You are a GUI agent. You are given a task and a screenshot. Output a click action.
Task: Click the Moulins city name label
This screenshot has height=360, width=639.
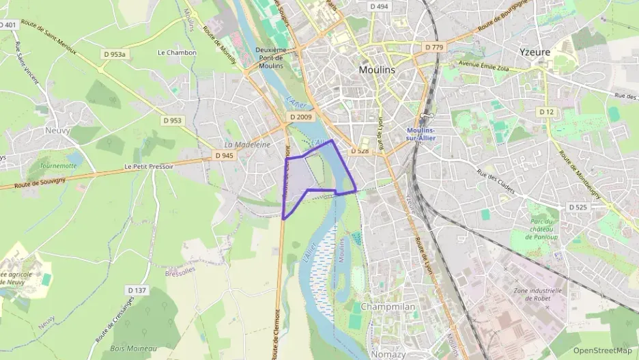click(376, 70)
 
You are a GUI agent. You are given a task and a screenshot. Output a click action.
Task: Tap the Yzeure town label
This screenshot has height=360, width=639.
click(535, 51)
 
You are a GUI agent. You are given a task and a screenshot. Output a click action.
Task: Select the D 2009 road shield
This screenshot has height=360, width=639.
click(300, 117)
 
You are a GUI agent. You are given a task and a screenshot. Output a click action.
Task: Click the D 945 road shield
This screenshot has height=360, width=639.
click(224, 156)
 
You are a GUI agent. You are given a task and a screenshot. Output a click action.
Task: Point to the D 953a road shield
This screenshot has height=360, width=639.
click(116, 53)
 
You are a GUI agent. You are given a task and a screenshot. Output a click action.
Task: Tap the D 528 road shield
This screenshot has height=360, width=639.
click(360, 150)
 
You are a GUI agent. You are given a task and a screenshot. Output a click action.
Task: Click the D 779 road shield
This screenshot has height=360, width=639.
click(434, 47)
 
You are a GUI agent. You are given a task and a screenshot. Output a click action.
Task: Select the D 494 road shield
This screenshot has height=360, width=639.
click(378, 6)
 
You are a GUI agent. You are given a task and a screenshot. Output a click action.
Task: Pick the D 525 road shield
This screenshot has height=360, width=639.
click(578, 207)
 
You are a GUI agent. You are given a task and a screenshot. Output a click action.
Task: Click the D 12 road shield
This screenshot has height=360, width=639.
click(545, 111)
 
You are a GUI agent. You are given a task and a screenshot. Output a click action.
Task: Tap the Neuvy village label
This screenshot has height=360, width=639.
click(58, 130)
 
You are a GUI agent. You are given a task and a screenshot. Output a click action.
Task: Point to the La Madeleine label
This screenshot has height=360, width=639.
click(248, 145)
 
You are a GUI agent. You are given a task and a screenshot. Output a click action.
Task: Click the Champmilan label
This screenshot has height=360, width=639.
click(388, 307)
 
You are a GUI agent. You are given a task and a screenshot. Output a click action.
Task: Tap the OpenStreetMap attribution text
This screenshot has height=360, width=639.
click(602, 350)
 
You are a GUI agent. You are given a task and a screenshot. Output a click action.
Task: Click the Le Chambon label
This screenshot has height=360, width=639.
click(177, 53)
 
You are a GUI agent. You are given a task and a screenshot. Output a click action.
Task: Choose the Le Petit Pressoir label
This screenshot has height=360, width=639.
click(150, 166)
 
